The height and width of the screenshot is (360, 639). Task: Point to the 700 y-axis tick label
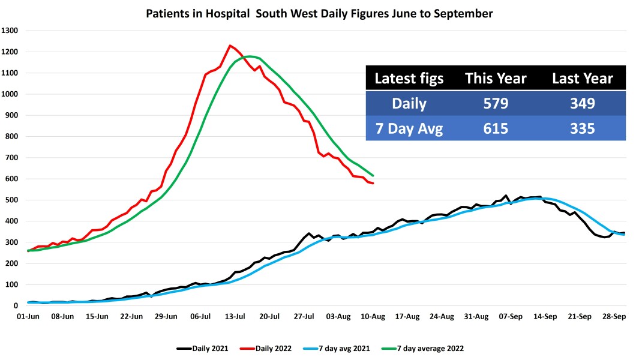point(13,158)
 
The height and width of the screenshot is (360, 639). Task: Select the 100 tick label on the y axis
point(13,285)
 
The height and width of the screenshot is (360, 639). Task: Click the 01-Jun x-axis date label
point(28,316)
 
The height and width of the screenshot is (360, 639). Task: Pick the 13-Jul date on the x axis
point(235,316)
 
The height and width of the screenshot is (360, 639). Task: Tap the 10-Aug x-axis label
point(373,316)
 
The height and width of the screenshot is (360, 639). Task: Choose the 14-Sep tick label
point(545,316)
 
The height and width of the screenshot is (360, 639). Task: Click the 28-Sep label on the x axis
point(614,316)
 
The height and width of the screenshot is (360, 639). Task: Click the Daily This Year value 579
point(496,103)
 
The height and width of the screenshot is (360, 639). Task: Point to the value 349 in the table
point(582,103)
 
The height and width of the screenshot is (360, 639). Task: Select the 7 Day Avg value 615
point(496,128)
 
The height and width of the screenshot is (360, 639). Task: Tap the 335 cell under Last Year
point(582,128)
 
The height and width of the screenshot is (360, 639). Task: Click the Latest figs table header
point(409,79)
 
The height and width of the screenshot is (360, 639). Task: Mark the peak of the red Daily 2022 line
point(230,46)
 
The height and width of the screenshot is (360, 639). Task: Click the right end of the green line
point(373,175)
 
